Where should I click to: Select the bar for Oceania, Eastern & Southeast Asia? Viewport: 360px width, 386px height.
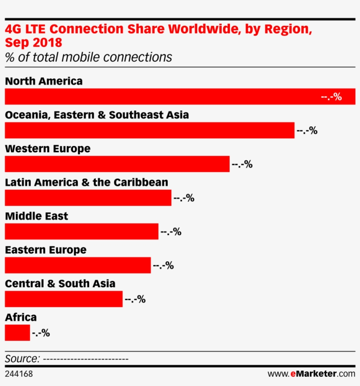149,130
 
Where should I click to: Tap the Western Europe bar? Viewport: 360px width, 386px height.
117,164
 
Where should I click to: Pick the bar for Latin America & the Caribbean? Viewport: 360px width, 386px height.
88,198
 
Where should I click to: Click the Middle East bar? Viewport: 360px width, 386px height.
81,232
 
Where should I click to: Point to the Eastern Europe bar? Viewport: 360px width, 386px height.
78,265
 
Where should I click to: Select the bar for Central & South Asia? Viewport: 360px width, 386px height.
64,299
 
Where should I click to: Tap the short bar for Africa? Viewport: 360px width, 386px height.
17,333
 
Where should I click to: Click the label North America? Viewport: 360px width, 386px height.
43,81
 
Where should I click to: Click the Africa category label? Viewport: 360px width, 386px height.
21,317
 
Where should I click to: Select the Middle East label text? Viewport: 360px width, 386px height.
36,216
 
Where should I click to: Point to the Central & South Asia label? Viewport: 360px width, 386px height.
60,284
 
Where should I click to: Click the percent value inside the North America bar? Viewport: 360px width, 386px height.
331,97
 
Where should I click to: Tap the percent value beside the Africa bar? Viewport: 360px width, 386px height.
41,333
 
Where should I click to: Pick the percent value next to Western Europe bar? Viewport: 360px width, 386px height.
242,164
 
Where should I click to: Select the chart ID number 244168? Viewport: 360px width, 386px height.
18,374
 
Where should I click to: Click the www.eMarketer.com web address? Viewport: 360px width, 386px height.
311,374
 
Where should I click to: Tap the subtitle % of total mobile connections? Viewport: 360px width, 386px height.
88,57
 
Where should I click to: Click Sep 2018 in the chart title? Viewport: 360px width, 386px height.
33,43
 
